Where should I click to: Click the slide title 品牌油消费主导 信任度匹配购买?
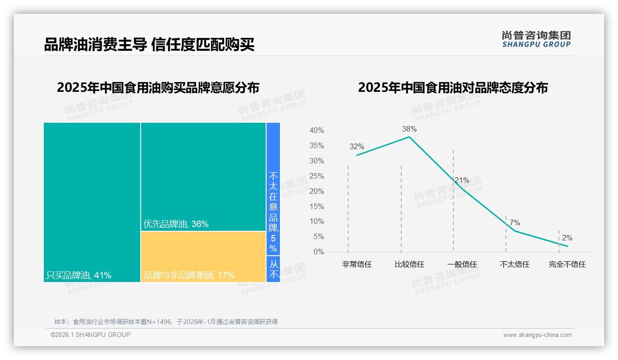click(x=149, y=45)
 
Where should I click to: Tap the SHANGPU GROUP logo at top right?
click(x=536, y=39)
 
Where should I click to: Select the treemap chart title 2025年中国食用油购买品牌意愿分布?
click(x=158, y=87)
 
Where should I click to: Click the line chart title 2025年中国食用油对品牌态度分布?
click(x=452, y=87)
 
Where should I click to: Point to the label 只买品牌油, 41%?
click(x=79, y=276)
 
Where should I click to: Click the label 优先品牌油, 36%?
click(x=176, y=224)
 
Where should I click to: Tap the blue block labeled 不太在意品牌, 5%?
click(x=273, y=189)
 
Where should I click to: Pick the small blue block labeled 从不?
click(x=273, y=269)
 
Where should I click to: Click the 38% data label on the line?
click(x=409, y=129)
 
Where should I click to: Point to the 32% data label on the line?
click(x=357, y=147)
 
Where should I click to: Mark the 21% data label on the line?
click(x=462, y=180)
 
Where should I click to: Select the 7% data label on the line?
click(x=514, y=223)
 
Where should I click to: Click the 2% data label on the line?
click(x=567, y=238)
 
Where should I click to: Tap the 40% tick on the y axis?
click(x=316, y=131)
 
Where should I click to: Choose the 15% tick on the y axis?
click(x=316, y=206)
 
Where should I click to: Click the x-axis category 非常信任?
click(x=357, y=264)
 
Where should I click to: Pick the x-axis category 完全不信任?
click(x=567, y=264)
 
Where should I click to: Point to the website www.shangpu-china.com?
click(x=537, y=335)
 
